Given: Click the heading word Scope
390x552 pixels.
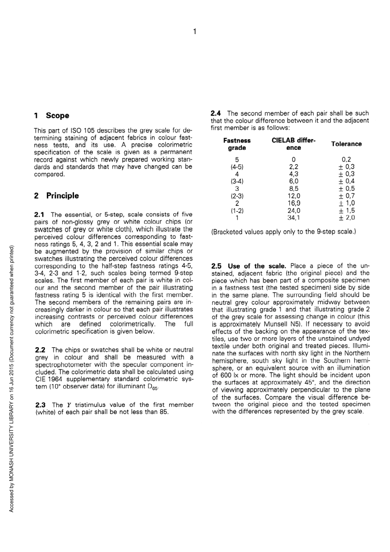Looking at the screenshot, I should (x=57, y=116).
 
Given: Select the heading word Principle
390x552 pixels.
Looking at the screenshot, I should (x=62, y=196).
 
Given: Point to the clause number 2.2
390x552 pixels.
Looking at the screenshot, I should (x=40, y=350).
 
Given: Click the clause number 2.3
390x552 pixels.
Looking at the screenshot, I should (x=40, y=405).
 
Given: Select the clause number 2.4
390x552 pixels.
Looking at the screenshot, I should (x=216, y=113).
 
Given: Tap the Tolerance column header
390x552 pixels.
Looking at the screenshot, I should (x=346, y=144).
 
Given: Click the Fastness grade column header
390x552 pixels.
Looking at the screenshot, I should (x=237, y=144).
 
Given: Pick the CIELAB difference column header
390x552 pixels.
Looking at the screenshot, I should (x=294, y=144).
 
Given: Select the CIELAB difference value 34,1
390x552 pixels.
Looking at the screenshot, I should (x=294, y=218).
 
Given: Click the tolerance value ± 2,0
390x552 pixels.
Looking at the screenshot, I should (x=346, y=218).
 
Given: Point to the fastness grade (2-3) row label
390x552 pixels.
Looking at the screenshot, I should (x=237, y=196).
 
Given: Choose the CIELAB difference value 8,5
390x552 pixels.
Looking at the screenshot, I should (x=294, y=189).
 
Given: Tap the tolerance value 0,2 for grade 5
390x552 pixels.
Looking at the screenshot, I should (x=346, y=160).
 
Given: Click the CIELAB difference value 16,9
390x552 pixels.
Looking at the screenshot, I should (x=294, y=203).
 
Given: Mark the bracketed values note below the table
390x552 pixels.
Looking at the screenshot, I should (x=283, y=232).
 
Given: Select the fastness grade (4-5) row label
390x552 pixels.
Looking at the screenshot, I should (x=237, y=167).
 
